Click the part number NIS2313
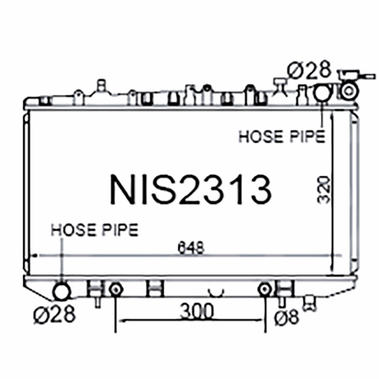point(190,190)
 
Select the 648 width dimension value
point(191,247)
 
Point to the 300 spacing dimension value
point(197,311)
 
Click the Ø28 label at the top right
point(308,71)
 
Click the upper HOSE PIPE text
point(281,136)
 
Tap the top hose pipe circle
point(322,92)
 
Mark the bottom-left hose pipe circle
point(61,291)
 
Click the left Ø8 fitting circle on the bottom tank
point(115,289)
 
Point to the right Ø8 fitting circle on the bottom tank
point(265,289)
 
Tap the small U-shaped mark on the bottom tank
point(217,289)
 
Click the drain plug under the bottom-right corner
point(310,302)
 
